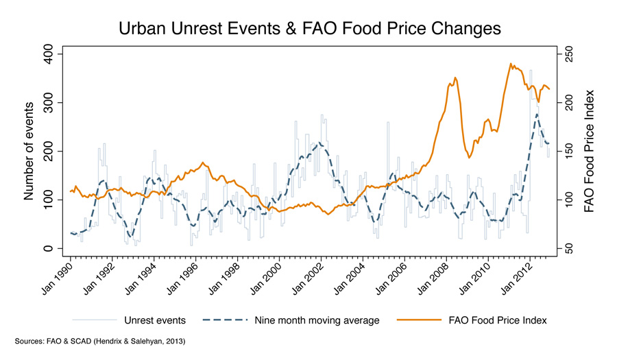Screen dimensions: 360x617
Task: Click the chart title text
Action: pos(309,28)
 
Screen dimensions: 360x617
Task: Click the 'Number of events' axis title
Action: pos(29,151)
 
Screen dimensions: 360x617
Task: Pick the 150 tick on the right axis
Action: pos(568,151)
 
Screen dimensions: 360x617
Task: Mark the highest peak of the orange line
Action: pos(511,64)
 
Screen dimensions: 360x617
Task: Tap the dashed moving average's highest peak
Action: pos(537,115)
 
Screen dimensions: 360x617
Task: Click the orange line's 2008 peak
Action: pos(455,78)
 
